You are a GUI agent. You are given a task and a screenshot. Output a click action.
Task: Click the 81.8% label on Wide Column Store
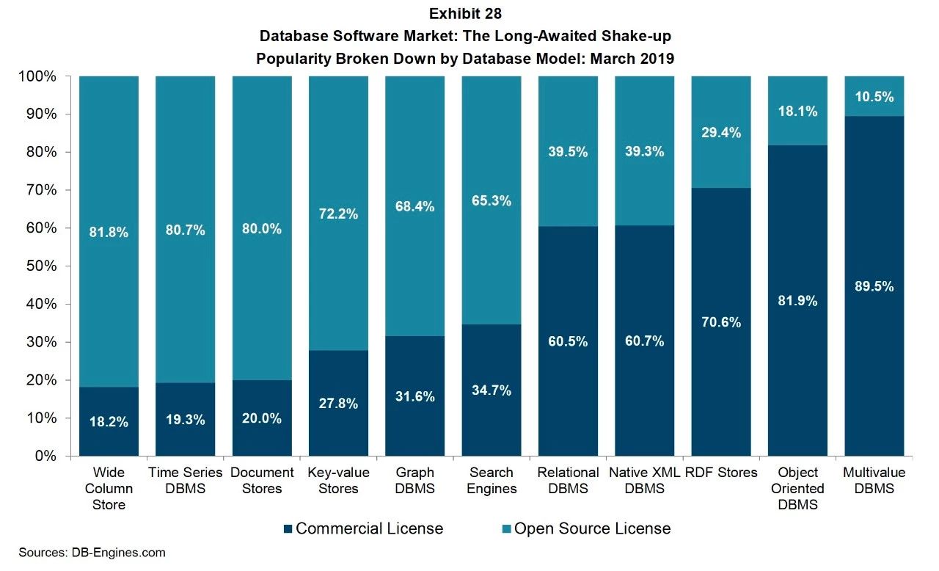pyautogui.click(x=109, y=233)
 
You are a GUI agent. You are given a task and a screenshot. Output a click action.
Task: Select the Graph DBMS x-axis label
pyautogui.click(x=414, y=481)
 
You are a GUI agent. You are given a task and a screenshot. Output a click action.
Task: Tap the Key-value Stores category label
pyautogui.click(x=338, y=481)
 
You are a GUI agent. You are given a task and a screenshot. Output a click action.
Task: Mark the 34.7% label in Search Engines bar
pyautogui.click(x=492, y=390)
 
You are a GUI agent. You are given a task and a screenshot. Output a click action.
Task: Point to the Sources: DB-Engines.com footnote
pyautogui.click(x=92, y=553)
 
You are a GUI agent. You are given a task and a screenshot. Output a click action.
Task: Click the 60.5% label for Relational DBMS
pyautogui.click(x=568, y=341)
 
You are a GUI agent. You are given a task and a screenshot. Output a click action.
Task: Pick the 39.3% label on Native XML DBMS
pyautogui.click(x=644, y=152)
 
